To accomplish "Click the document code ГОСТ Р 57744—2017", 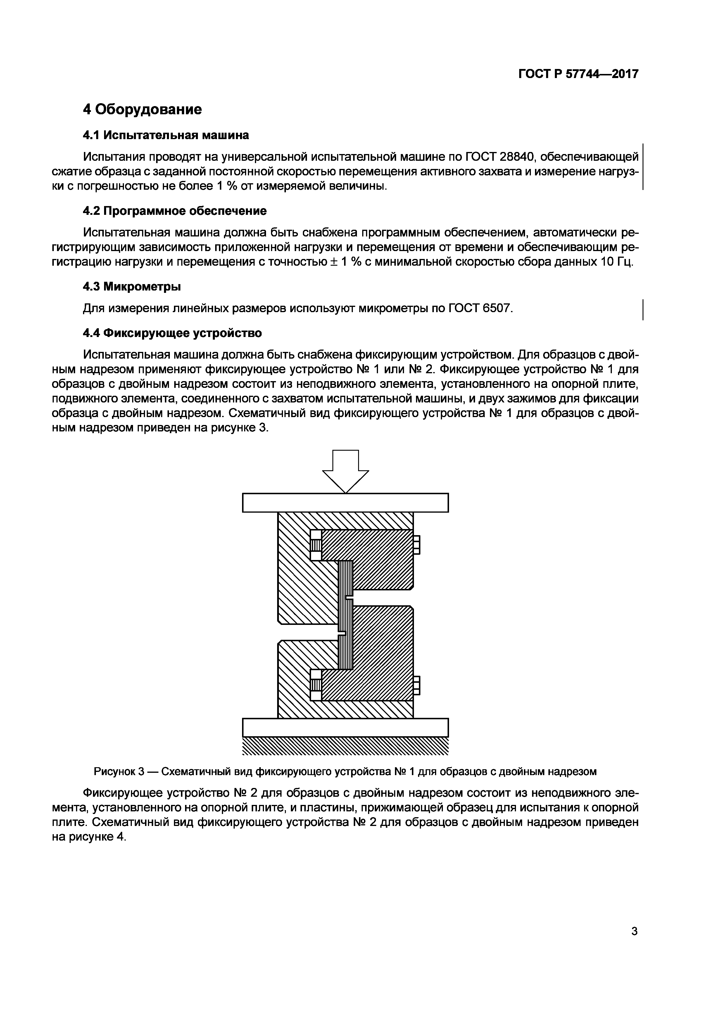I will coord(578,74).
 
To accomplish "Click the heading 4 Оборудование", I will coord(142,109).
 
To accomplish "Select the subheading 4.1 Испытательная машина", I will coord(166,135).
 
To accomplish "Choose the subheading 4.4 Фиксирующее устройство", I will coord(172,333).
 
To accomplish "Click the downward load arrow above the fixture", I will coord(346,471).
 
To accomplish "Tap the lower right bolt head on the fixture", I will coord(417,686).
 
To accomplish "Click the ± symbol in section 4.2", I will coord(333,262).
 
